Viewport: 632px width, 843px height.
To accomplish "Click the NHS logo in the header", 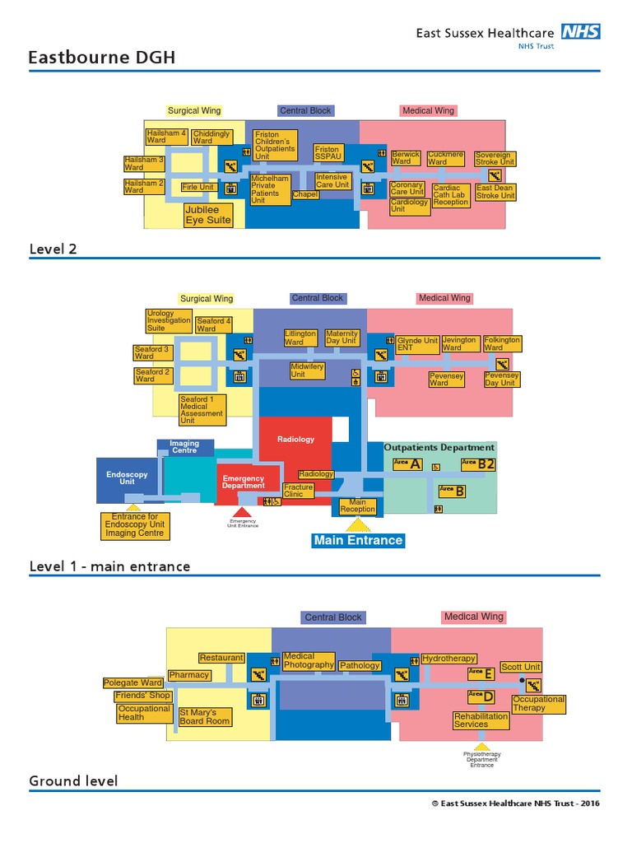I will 580,32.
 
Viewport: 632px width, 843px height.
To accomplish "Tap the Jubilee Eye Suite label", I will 207,215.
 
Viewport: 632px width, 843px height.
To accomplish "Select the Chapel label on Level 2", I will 305,195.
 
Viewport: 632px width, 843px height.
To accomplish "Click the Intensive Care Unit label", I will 332,181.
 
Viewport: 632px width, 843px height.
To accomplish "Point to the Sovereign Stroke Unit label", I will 495,158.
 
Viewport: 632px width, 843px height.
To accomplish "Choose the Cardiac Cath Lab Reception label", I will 451,195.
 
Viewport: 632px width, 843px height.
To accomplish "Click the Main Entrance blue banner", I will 358,540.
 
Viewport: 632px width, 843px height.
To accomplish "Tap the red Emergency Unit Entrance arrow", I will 242,512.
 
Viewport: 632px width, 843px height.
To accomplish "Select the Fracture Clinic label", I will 298,491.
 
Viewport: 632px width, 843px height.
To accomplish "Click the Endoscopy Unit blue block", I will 128,478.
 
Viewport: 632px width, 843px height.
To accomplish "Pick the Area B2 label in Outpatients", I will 478,464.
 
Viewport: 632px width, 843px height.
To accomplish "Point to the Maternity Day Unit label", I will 342,337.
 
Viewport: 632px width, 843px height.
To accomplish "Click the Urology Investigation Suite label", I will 168,320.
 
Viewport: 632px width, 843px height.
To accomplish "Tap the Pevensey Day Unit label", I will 501,380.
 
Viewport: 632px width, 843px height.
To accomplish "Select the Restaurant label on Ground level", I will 221,658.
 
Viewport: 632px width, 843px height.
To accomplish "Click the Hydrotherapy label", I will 448,659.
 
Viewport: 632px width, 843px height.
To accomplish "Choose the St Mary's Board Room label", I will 205,716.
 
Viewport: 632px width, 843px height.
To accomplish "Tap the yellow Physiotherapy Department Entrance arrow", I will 482,746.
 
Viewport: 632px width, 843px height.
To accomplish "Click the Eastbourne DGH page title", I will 102,58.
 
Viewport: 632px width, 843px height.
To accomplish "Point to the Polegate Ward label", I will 132,682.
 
